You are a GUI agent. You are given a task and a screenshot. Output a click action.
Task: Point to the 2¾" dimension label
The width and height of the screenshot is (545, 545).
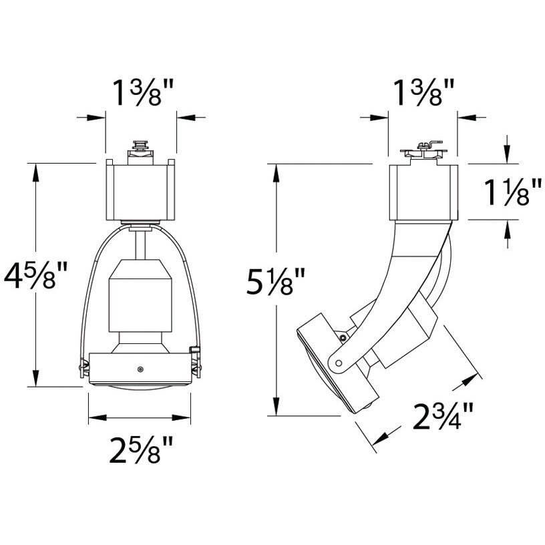442,415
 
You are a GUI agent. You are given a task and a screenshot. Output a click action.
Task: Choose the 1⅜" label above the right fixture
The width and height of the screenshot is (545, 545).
423,92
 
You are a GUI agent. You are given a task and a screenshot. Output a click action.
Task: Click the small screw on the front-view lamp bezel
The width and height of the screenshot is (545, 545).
140,369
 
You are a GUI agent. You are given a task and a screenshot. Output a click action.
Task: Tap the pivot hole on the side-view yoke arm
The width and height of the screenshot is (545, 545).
338,363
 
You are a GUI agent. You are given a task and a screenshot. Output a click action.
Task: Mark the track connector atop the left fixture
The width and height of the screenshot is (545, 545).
140,152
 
